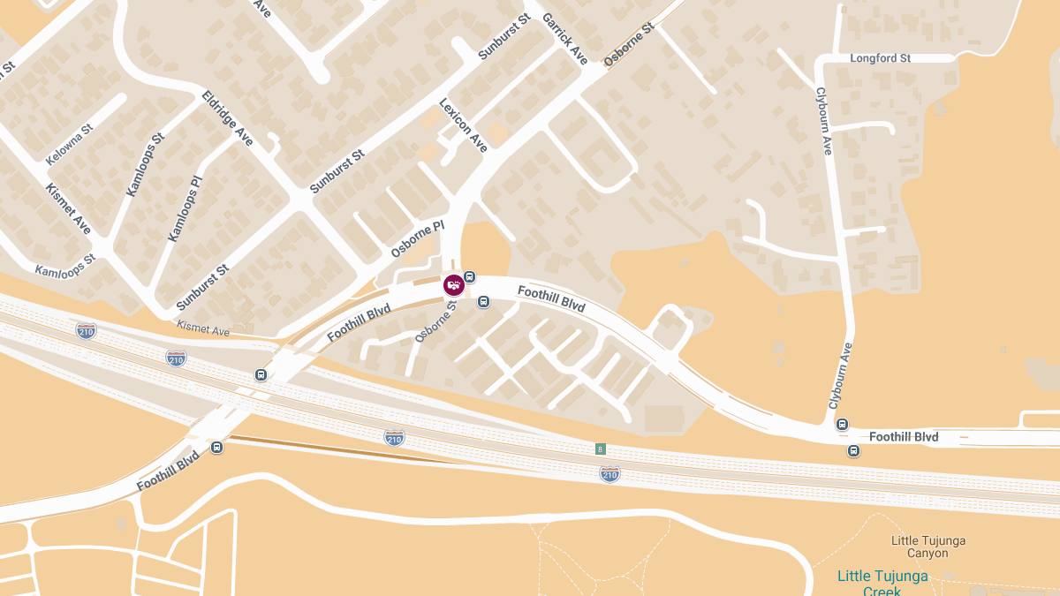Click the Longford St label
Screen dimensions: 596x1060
click(880, 58)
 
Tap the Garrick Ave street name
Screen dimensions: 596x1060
click(564, 38)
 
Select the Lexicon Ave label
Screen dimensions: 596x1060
click(463, 125)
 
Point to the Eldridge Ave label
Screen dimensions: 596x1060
click(227, 117)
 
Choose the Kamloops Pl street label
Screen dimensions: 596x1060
click(185, 208)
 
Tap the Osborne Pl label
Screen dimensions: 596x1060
click(417, 239)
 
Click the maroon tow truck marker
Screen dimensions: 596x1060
click(454, 285)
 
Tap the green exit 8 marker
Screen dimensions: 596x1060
click(601, 449)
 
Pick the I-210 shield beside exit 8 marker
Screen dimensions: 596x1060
click(609, 475)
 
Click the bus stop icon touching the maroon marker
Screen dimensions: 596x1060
click(470, 277)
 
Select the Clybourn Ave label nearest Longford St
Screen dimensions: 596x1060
click(823, 121)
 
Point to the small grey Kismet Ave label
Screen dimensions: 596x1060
click(202, 329)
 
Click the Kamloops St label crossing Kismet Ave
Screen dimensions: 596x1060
click(65, 265)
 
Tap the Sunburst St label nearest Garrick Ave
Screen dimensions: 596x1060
click(503, 37)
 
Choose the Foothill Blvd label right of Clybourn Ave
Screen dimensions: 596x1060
click(904, 437)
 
